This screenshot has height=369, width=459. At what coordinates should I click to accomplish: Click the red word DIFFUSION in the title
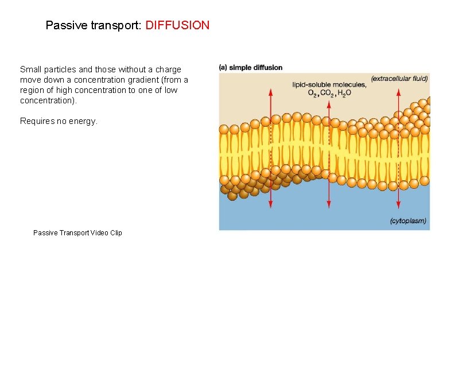click(177, 25)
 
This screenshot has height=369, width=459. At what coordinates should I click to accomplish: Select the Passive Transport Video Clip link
click(77, 232)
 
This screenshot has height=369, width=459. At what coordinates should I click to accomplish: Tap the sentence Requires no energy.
click(59, 121)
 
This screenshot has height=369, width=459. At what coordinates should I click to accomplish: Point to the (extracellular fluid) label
click(399, 78)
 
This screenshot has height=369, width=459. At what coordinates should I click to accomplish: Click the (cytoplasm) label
click(408, 221)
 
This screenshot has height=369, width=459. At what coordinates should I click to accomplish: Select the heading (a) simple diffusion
click(251, 68)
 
